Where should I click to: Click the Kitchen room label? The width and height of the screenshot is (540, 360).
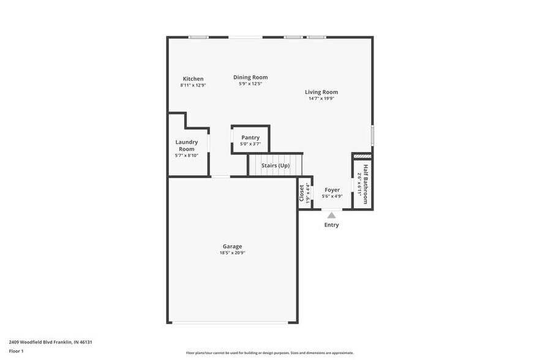coord(193,79)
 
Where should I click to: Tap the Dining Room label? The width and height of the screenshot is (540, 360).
coord(250,77)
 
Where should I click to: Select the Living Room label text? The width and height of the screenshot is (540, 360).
coord(321,92)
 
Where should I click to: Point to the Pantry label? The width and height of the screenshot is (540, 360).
coord(250,138)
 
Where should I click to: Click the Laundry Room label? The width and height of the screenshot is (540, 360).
coord(186,146)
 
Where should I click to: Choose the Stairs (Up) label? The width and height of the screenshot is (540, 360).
coord(276,165)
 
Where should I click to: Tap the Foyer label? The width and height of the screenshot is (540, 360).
coord(332,190)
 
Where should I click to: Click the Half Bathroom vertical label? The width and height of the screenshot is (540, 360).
coord(366,184)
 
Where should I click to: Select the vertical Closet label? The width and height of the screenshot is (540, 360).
coord(301,193)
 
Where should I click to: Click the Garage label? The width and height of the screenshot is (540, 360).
coord(232,247)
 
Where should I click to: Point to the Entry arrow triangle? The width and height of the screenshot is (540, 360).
coord(331,215)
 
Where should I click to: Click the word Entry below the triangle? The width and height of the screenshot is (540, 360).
coord(331,225)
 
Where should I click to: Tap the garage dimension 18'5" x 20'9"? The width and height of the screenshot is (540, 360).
coord(232,253)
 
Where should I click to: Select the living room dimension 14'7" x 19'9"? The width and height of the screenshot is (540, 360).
coord(321,99)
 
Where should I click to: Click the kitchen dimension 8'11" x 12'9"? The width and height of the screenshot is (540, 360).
coord(193,85)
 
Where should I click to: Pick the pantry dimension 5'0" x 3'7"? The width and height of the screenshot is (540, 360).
coord(250,144)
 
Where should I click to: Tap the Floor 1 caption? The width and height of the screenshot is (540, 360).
coord(16,351)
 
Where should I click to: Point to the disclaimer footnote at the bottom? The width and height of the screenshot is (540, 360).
coord(269,353)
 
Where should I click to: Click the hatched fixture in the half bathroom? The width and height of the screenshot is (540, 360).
coord(362,157)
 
